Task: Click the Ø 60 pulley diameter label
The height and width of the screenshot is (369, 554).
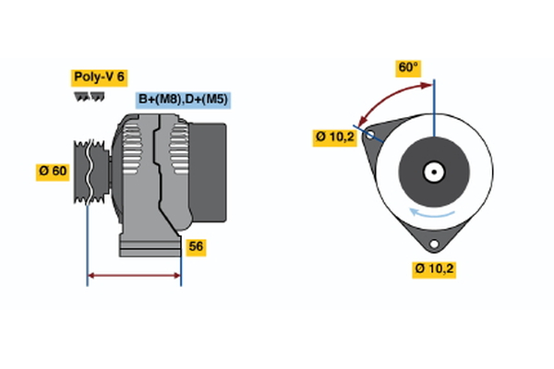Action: pos(53,172)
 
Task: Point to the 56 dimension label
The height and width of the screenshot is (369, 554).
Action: pos(196,246)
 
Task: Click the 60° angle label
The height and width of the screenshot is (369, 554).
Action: pos(408,67)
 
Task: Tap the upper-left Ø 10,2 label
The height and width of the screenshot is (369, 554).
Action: pos(334,137)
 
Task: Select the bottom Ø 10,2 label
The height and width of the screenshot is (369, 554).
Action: pos(435,268)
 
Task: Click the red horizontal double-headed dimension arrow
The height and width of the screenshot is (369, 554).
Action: pos(134,275)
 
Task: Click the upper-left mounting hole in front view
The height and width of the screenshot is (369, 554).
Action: pos(371,136)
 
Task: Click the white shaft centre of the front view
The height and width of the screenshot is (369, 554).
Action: pos(433,172)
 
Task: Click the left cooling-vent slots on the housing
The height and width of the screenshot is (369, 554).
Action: pos(132,152)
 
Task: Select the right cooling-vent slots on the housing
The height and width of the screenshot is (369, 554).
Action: pos(177,152)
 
